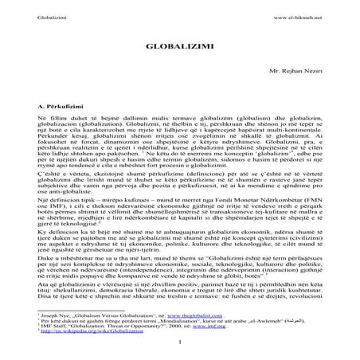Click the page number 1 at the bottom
(x=180, y=344)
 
